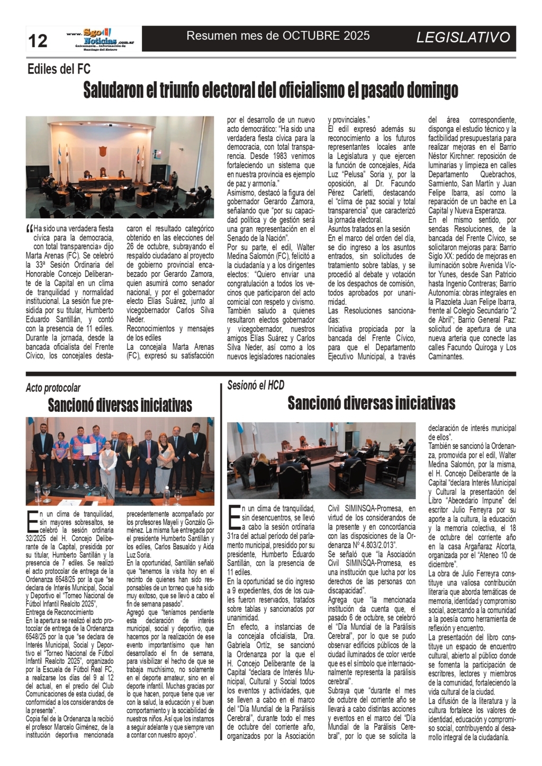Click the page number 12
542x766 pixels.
pos(38,40)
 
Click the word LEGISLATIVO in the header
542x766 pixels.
pos(463,38)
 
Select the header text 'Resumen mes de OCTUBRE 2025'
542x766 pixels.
pos(278,36)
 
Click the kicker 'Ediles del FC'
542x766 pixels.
pos(59,69)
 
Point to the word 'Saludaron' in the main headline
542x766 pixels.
pos(113,91)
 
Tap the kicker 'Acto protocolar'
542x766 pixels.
pos(53,388)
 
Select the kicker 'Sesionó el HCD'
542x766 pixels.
pos(256,385)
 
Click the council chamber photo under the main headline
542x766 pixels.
pos(120,167)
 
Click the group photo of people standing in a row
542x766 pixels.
pos(120,461)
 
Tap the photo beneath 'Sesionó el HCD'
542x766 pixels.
pos(321,461)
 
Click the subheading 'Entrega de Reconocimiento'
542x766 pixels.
pos(59,612)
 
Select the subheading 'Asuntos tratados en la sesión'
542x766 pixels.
pos(369,229)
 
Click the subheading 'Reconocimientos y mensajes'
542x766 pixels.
pos(170,329)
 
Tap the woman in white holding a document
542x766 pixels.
pos(107,466)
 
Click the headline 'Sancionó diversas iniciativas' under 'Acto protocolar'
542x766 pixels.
pos(120,405)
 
